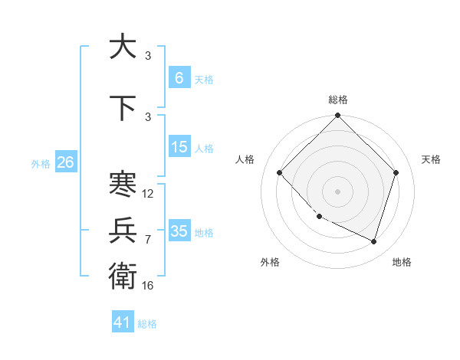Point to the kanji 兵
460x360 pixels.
pos(123,230)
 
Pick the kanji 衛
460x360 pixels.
pos(123,274)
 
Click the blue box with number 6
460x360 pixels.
pos(179,77)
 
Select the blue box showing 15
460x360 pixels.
pos(179,147)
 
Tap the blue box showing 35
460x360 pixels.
pos(179,231)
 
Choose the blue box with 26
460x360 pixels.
pos(65,162)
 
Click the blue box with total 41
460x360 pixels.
pos(123,322)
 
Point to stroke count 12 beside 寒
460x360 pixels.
pos(148,194)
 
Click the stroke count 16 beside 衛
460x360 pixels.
pos(148,285)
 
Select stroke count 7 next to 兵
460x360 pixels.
pos(148,240)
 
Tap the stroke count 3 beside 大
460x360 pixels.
pos(148,56)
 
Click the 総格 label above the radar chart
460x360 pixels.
pos(338,100)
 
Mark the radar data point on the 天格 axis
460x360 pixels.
pos(396,172)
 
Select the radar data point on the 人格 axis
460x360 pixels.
pos(280,172)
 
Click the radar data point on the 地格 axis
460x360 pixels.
pos(374,241)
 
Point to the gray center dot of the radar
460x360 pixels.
pos(338,191)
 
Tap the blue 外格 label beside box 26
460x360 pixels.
pos(40,163)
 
